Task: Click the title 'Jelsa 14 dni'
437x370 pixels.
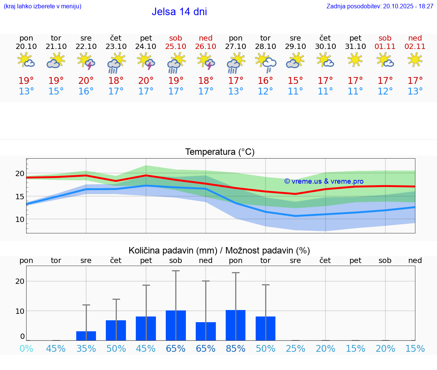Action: (x=179, y=12)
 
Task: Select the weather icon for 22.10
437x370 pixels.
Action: (x=86, y=61)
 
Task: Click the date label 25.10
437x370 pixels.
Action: (x=176, y=46)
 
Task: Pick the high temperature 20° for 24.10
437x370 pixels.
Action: (x=146, y=80)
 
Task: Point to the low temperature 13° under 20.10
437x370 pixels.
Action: (x=26, y=91)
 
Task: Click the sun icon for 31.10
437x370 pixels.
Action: (x=355, y=60)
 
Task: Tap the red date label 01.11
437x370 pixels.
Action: (x=385, y=46)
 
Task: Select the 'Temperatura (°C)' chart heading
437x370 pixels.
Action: (x=220, y=152)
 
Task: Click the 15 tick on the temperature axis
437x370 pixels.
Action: (x=20, y=197)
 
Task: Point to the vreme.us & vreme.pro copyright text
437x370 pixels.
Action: (x=324, y=181)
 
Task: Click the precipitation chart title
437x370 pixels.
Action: (x=219, y=250)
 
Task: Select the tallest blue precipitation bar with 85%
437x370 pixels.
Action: (x=236, y=325)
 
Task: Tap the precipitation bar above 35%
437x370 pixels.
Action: (x=86, y=336)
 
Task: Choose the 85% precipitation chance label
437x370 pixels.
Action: (x=236, y=348)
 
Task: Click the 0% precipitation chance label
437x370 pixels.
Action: (x=26, y=348)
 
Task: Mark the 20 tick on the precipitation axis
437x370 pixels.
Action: (x=20, y=281)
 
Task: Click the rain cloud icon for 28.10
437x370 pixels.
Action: (x=266, y=62)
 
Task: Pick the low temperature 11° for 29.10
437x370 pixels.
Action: (x=296, y=91)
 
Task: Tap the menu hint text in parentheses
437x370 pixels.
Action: (x=42, y=6)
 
